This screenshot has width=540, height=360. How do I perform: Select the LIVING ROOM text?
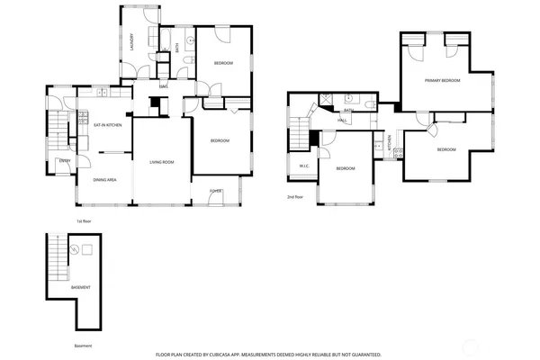(161, 162)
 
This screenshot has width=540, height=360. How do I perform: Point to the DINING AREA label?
(105, 180)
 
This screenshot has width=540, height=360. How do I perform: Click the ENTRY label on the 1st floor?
(65, 160)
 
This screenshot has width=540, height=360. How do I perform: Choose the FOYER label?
(216, 191)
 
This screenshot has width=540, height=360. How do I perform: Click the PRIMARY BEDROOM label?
(443, 80)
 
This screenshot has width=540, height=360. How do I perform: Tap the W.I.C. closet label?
(304, 166)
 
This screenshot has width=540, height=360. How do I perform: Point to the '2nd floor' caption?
(295, 196)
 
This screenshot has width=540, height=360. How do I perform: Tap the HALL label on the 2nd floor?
(343, 120)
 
